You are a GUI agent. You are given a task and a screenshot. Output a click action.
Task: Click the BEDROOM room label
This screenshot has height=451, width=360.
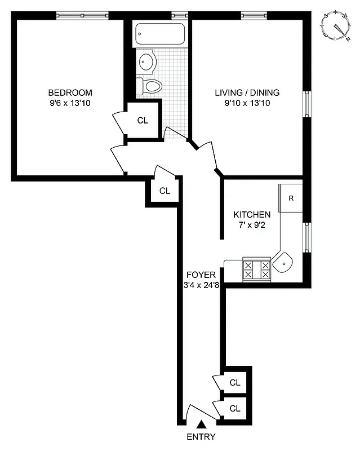pos(70,93)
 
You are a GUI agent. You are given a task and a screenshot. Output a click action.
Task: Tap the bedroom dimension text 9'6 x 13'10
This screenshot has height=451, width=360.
pos(70,103)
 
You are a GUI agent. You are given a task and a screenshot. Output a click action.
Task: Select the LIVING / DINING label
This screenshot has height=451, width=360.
pos(247,93)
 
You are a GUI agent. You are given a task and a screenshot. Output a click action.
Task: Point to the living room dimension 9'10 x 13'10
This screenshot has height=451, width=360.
pos(247,103)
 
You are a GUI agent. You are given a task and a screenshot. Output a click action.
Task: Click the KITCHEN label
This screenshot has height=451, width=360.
pos(252,215)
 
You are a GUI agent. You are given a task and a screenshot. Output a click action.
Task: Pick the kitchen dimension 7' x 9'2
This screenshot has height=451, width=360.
pos(252,225)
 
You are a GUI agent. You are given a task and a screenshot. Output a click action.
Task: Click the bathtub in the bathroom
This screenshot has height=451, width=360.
pos(161,36)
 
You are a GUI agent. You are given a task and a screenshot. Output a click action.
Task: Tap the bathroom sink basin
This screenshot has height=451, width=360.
pos(148,61)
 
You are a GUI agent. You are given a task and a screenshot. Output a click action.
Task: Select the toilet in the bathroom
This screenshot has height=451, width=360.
pos(150,86)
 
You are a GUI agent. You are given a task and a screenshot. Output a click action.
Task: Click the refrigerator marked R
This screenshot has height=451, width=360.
pos(291,198)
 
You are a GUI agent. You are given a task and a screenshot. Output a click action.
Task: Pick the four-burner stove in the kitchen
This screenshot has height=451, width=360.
pos(256,269)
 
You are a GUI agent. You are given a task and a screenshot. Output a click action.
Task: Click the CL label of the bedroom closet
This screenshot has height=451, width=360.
pos(143,120)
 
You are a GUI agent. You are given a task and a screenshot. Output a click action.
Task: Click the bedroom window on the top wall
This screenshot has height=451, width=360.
pos(82,15)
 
